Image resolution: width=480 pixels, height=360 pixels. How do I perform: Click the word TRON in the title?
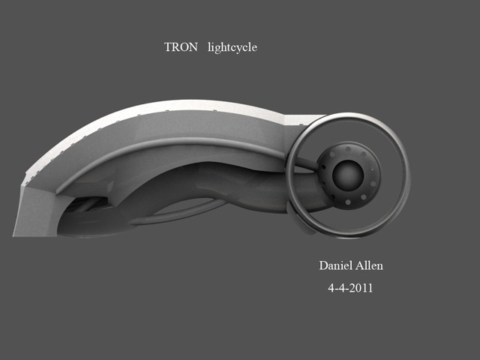tap(181, 46)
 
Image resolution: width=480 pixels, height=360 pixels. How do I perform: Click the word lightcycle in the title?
tap(232, 48)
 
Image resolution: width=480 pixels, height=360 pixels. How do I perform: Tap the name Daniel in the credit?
tap(335, 265)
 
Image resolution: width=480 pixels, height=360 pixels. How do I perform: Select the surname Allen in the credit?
tap(370, 265)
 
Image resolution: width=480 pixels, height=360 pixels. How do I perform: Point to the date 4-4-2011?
tap(350, 288)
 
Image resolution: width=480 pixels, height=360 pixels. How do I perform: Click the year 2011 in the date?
tap(361, 288)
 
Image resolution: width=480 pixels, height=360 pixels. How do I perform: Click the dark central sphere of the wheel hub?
tap(348, 175)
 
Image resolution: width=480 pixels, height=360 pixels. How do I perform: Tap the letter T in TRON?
tap(168, 46)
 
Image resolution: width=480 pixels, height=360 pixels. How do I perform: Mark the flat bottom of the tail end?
tap(35, 235)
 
